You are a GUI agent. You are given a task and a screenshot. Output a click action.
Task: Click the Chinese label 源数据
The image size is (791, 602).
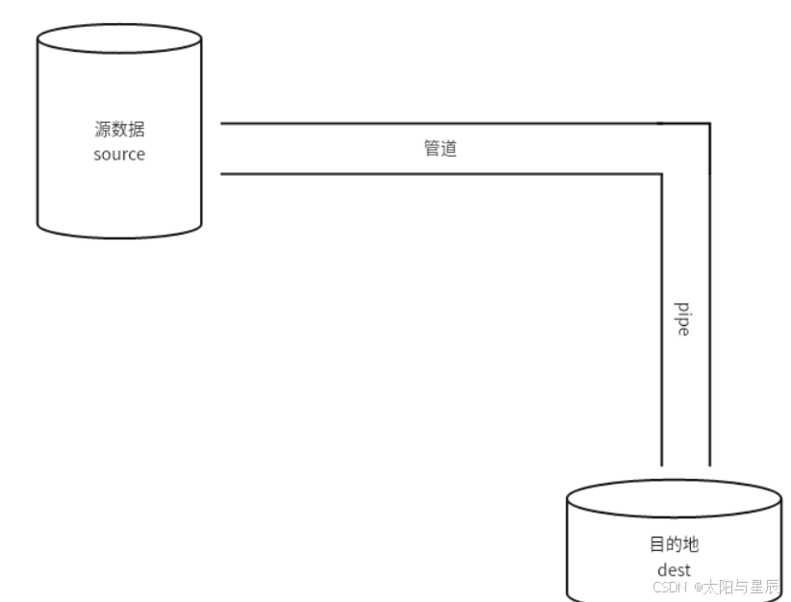(119, 131)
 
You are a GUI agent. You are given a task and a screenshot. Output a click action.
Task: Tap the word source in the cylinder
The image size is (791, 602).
(119, 154)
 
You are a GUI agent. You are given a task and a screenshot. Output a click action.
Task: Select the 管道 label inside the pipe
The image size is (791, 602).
(441, 149)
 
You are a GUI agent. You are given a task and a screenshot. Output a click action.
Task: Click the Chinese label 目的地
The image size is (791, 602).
(674, 544)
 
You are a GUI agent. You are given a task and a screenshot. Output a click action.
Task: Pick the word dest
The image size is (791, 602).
(674, 569)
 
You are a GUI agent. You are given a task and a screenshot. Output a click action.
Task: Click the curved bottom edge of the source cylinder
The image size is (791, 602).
(119, 237)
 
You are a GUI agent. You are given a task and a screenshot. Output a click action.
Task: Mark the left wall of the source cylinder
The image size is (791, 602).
(38, 135)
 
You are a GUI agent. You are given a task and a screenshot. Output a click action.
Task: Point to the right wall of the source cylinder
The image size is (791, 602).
(201, 135)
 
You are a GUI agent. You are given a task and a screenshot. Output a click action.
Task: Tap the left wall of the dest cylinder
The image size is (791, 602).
(567, 548)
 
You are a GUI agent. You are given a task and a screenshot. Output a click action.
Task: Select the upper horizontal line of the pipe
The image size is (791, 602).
(433, 123)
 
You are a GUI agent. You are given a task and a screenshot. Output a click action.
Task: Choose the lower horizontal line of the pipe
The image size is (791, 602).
(433, 174)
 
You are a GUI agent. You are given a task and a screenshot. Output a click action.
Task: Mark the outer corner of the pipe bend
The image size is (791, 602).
(710, 123)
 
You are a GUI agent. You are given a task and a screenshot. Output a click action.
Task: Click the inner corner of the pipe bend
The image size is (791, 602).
(663, 174)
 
